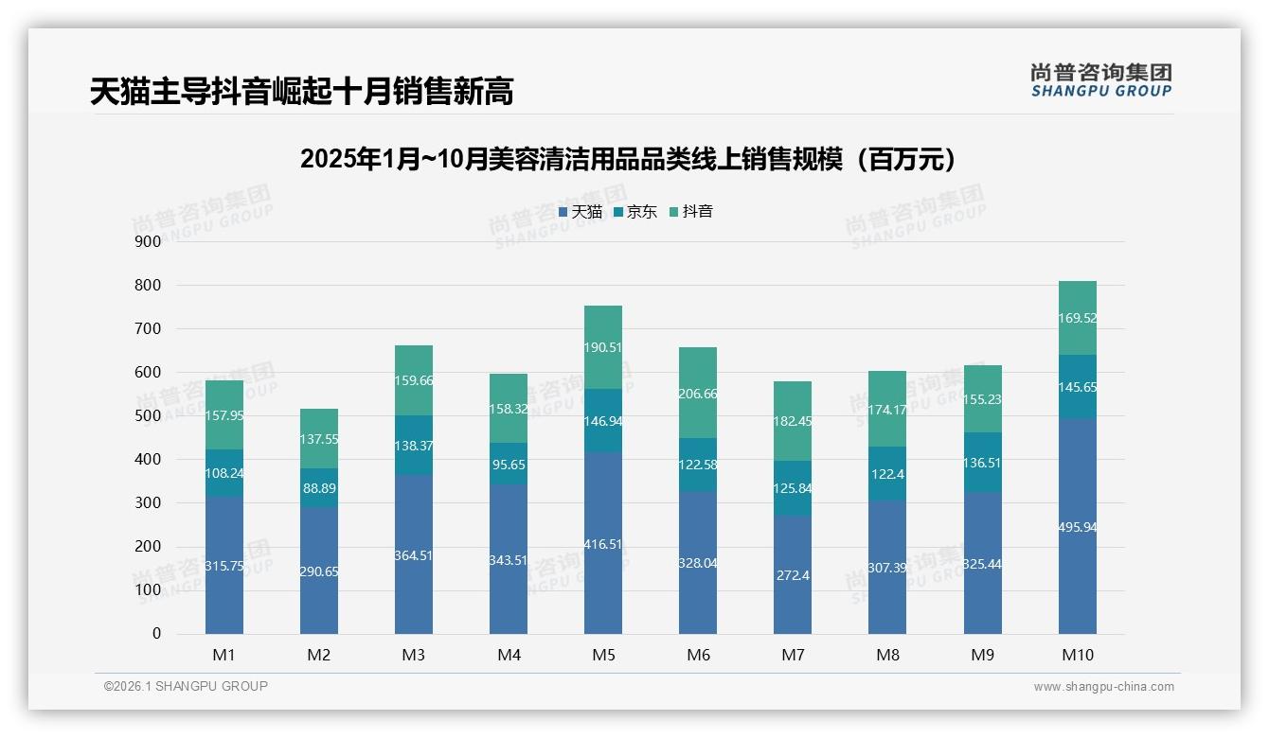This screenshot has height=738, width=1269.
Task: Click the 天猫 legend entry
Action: pyautogui.click(x=581, y=212)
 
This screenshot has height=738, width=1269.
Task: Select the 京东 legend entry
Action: pyautogui.click(x=635, y=212)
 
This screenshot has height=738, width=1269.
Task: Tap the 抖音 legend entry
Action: pyautogui.click(x=691, y=212)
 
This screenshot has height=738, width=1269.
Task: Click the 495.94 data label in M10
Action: pyautogui.click(x=1077, y=527)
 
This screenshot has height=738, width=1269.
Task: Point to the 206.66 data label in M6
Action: pyautogui.click(x=698, y=393)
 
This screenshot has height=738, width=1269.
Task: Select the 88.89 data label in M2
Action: pyautogui.click(x=319, y=489)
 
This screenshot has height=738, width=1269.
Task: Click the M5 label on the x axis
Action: pyautogui.click(x=603, y=655)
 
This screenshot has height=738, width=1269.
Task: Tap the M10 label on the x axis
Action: pyautogui.click(x=1077, y=655)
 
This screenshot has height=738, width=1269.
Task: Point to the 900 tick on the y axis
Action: pyautogui.click(x=148, y=242)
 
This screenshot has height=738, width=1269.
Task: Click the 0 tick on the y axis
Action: pyautogui.click(x=156, y=634)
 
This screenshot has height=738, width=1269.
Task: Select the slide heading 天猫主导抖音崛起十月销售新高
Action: pyautogui.click(x=302, y=92)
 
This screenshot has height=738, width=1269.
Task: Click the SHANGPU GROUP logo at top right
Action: pyautogui.click(x=1100, y=80)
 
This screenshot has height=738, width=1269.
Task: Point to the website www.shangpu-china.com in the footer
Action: pyautogui.click(x=1103, y=687)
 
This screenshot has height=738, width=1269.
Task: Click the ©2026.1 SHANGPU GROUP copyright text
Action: pyautogui.click(x=186, y=686)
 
